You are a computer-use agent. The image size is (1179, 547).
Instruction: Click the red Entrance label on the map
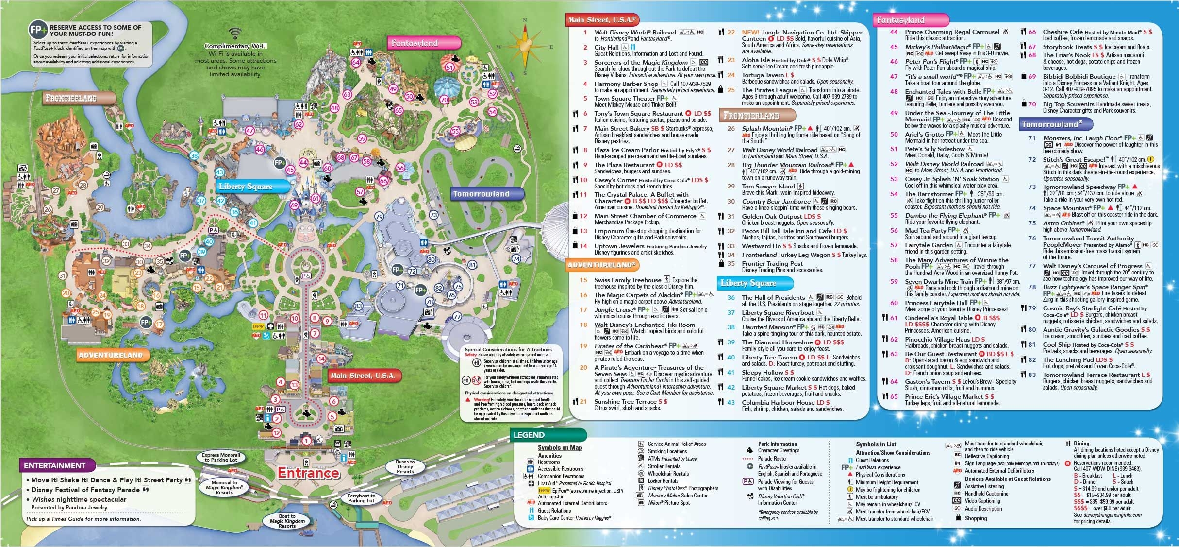click(308, 473)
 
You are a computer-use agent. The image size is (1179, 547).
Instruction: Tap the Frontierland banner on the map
click(71, 98)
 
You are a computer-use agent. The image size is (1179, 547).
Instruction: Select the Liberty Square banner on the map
click(246, 187)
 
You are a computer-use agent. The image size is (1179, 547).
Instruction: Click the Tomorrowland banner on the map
click(481, 194)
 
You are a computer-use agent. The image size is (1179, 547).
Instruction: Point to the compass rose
click(524, 47)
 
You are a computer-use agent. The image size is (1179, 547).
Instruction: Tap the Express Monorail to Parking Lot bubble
click(221, 458)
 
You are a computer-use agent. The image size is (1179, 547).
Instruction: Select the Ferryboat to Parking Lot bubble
click(361, 498)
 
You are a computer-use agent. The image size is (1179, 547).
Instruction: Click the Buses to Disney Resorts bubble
click(405, 466)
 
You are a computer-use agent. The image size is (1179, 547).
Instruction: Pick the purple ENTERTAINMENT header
click(54, 465)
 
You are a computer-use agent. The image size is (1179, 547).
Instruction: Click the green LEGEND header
click(529, 435)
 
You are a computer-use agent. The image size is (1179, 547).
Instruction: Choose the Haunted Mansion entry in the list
click(767, 327)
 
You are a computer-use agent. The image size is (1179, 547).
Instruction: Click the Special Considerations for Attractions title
click(508, 349)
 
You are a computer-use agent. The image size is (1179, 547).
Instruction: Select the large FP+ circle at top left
click(38, 30)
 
